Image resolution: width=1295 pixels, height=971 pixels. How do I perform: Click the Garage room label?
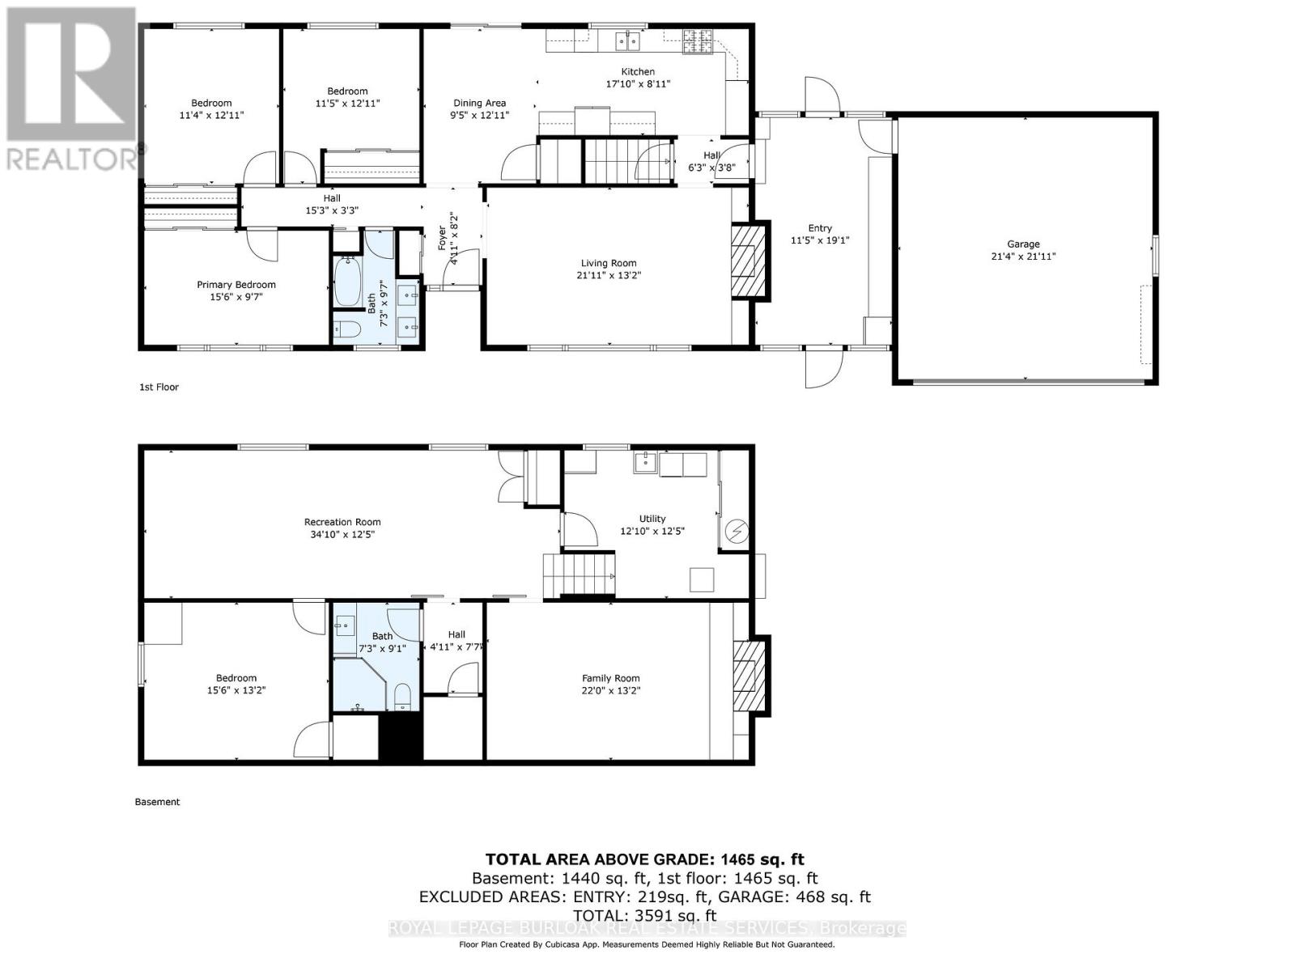(x=1023, y=244)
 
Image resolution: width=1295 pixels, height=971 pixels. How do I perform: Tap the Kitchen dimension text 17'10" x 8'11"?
(x=638, y=84)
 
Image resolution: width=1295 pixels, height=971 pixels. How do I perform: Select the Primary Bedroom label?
(x=236, y=285)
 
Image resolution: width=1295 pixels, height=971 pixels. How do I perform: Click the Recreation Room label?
(x=342, y=522)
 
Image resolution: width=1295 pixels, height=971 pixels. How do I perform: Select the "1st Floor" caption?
(x=159, y=387)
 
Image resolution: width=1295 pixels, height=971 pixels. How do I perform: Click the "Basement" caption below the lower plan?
(x=157, y=802)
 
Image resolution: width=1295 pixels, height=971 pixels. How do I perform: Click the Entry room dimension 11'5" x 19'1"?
(x=819, y=240)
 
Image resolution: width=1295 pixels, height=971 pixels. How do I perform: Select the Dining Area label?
(x=479, y=103)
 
